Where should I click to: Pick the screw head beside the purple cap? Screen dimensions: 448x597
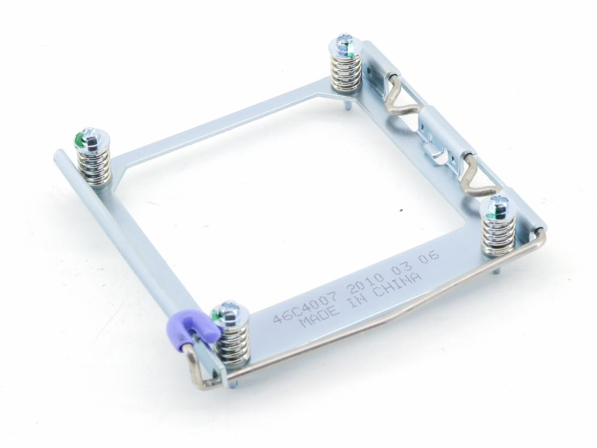229,313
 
